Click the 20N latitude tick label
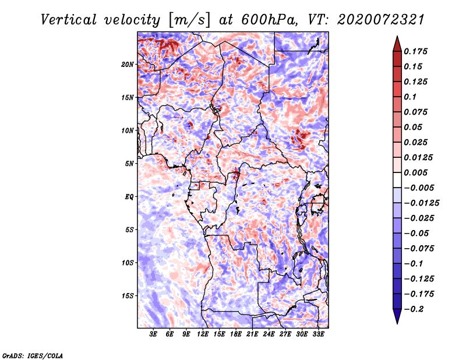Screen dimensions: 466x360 (127, 65)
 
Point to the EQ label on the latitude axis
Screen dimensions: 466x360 (129, 197)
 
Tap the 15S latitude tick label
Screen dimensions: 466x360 (128, 296)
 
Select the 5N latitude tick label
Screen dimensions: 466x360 (129, 164)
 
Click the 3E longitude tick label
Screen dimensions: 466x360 (153, 334)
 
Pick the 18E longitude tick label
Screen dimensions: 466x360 (236, 334)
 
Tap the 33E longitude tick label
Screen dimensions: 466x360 (318, 334)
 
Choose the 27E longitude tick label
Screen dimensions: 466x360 (285, 334)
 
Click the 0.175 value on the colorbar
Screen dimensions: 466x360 (415, 51)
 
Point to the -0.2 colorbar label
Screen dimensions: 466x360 (414, 309)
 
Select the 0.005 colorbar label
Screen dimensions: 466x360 (415, 172)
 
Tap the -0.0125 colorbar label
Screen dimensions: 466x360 (421, 203)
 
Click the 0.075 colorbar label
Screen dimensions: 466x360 (415, 112)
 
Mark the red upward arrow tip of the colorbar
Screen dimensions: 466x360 (397, 37)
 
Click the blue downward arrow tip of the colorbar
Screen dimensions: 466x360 (397, 323)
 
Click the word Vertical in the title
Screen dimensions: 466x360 (69, 20)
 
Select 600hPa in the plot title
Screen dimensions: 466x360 (270, 20)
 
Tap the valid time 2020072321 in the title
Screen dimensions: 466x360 (381, 20)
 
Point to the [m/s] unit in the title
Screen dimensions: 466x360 (190, 20)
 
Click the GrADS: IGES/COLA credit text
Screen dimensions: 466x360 (33, 355)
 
